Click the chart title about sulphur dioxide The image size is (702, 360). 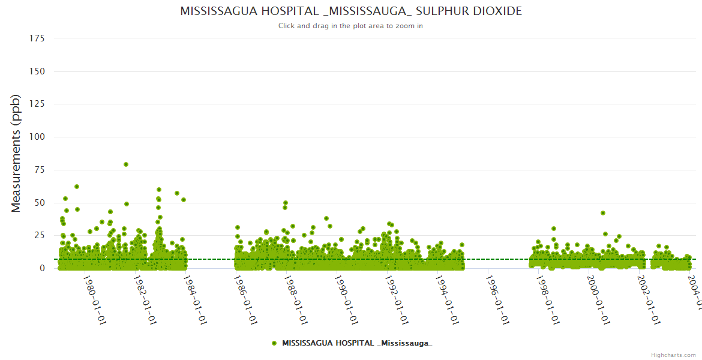click(x=351, y=11)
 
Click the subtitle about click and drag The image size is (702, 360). click(x=351, y=26)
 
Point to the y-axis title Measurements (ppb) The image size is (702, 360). click(x=16, y=153)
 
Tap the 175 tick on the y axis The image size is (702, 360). click(x=37, y=38)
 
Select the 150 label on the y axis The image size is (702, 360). click(x=37, y=71)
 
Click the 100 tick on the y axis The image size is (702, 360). click(x=37, y=137)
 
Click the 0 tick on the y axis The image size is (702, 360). click(x=42, y=268)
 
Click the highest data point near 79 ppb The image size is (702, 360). click(x=126, y=164)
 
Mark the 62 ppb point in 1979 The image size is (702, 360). click(x=77, y=187)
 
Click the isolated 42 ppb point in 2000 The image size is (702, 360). click(x=603, y=213)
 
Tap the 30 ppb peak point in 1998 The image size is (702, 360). click(x=554, y=229)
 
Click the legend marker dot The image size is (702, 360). click(x=274, y=343)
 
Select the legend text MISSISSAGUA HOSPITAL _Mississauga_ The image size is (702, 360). click(x=357, y=343)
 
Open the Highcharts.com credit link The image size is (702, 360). click(x=673, y=355)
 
